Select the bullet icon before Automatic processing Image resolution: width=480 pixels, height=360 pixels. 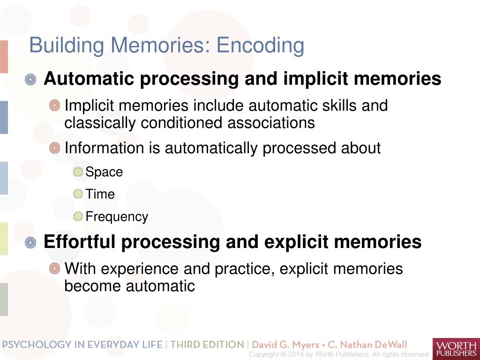coord(30,80)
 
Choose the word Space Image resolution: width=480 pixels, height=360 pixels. coord(104,172)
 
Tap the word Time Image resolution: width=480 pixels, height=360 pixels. coord(100,194)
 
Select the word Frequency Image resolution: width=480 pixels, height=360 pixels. coord(117,217)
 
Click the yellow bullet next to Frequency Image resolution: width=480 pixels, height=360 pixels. coord(78,217)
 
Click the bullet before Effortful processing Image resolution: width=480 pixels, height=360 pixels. coord(30,243)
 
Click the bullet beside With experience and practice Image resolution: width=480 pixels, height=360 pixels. coord(55,269)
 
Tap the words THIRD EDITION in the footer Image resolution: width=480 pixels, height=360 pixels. coord(207,345)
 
